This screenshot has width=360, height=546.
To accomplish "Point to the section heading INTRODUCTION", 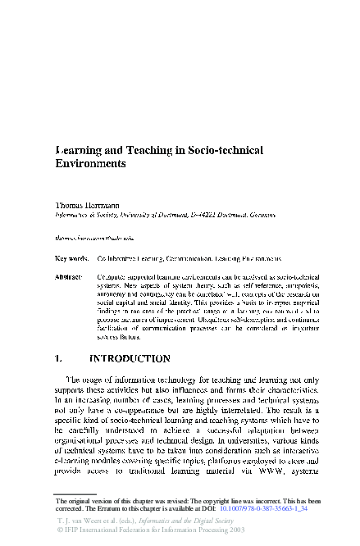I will (130, 358).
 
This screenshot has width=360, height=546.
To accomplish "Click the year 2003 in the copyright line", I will (238, 531).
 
